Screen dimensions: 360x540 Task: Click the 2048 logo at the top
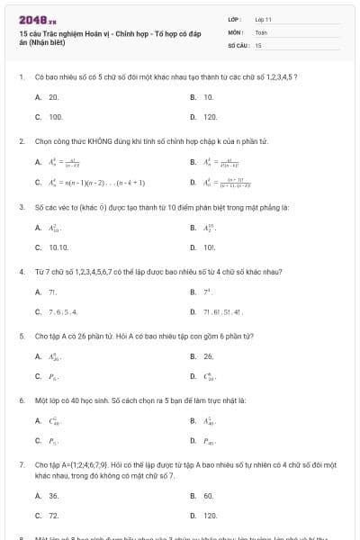[31, 20]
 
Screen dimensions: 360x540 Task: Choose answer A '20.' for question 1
[54, 96]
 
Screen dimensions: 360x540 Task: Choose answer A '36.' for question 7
[54, 496]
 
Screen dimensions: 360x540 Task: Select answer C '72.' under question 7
[54, 516]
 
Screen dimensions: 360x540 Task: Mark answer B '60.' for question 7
[208, 496]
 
